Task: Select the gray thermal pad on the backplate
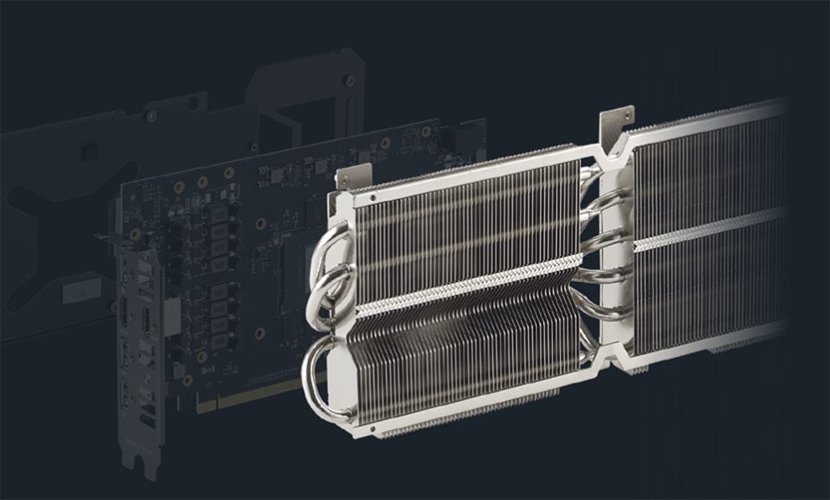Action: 79,287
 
